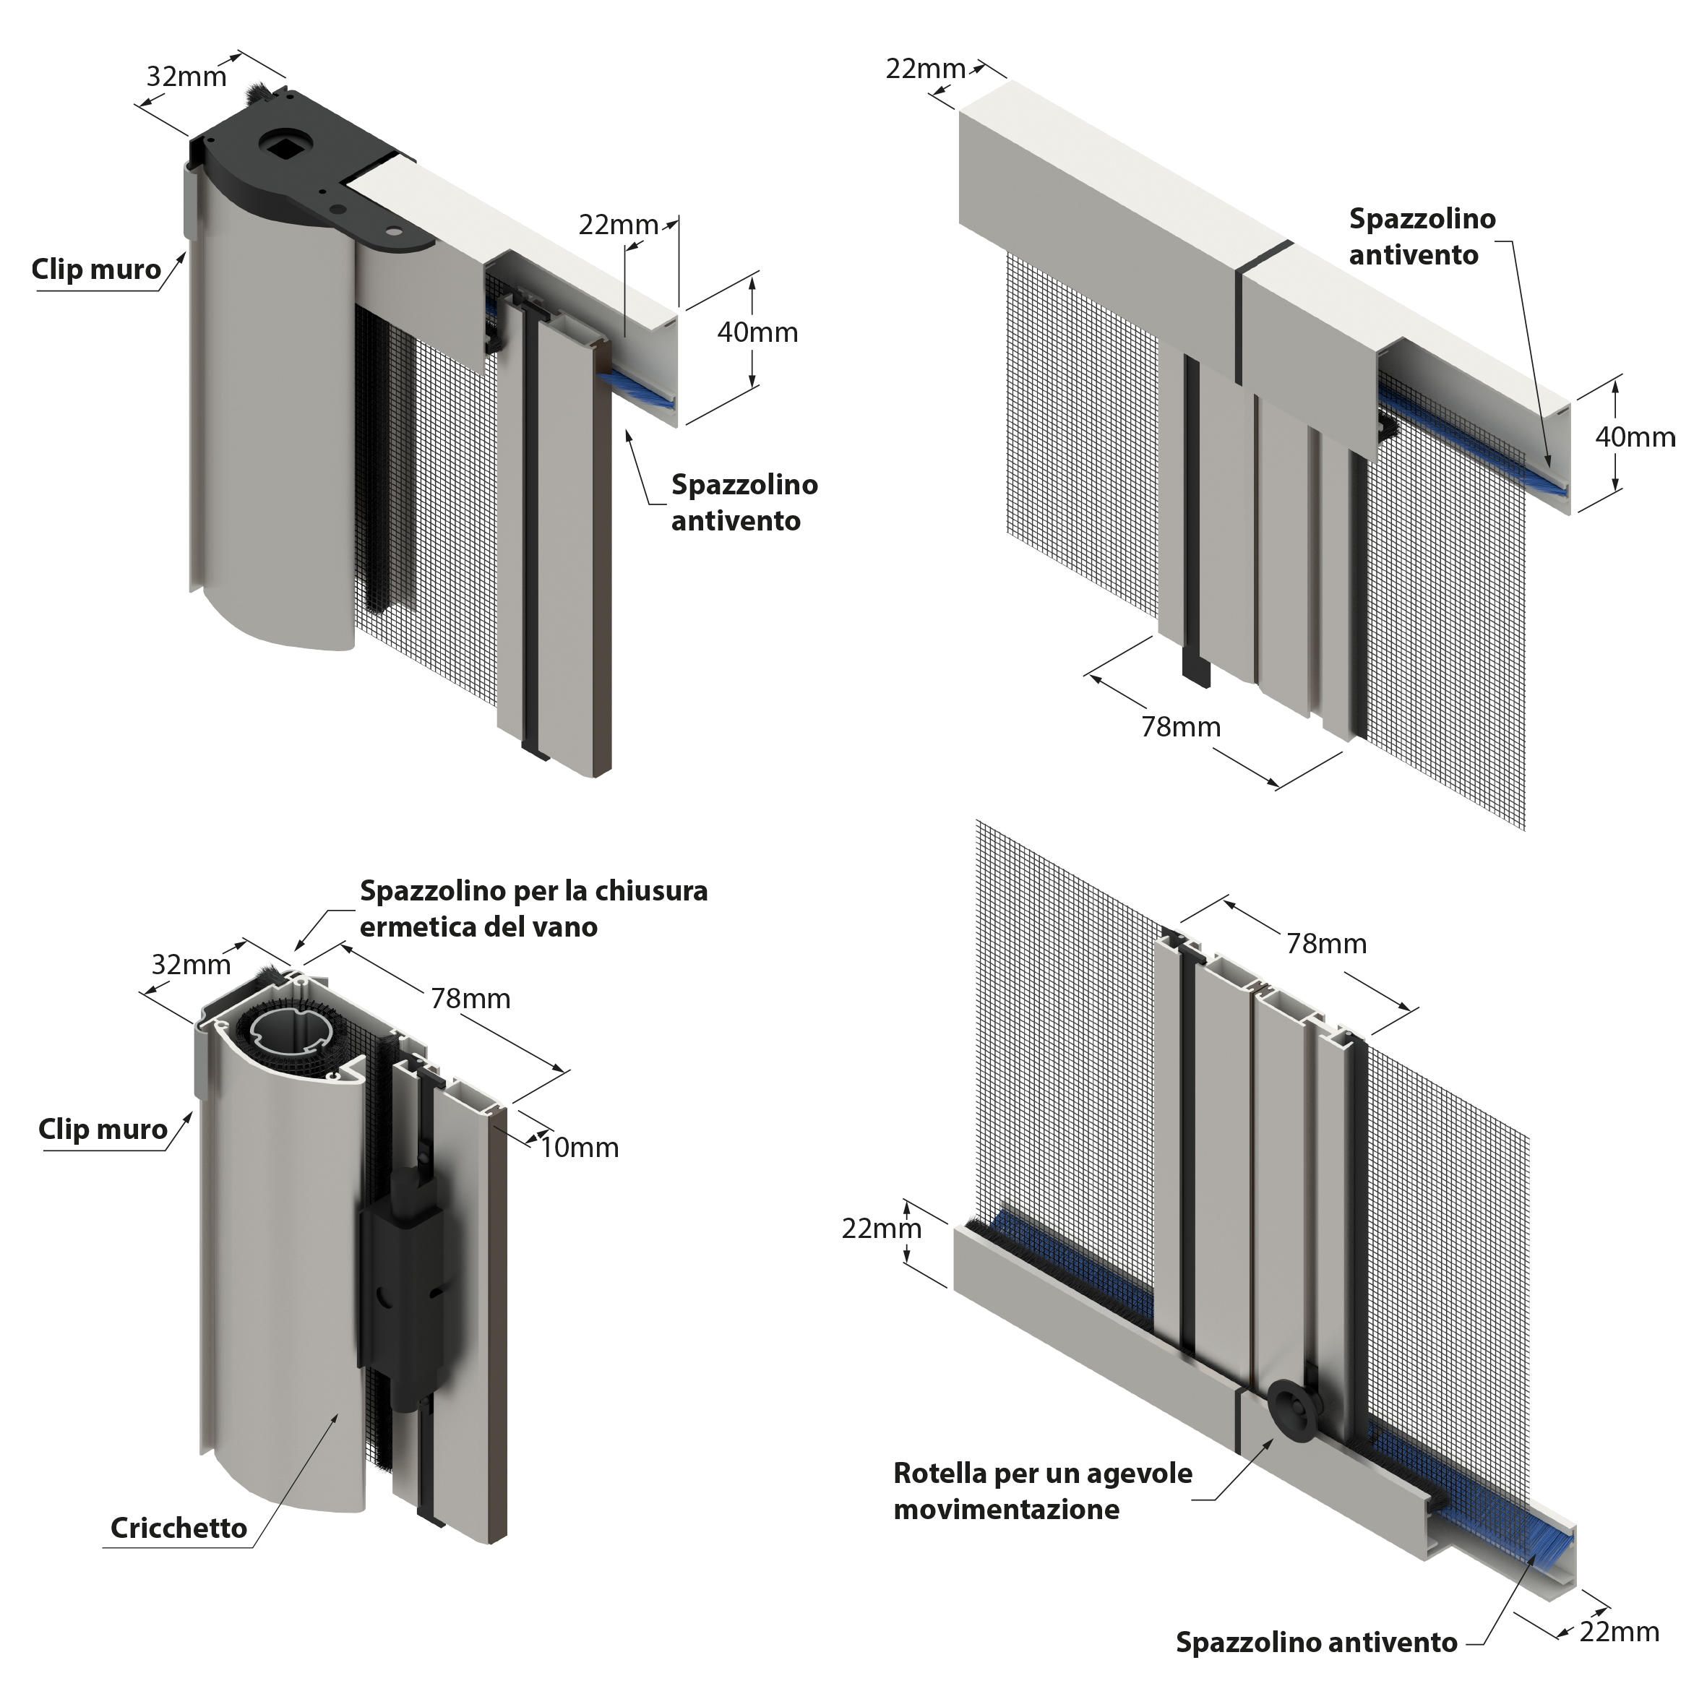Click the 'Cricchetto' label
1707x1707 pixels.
tap(179, 1528)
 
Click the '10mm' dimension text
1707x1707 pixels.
tap(579, 1148)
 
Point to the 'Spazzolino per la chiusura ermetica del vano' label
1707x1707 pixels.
tap(533, 908)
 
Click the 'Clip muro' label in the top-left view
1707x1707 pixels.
tap(96, 270)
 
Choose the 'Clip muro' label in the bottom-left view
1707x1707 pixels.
tap(103, 1129)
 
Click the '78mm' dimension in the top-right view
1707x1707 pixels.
tap(1180, 726)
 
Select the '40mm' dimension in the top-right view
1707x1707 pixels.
tap(1635, 437)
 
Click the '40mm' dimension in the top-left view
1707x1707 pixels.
tap(757, 332)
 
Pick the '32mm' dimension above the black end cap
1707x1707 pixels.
tap(186, 77)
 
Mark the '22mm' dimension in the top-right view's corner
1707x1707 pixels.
tap(925, 68)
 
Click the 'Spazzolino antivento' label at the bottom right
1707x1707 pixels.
tap(1315, 1642)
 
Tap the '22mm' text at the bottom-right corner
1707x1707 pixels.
tap(1619, 1631)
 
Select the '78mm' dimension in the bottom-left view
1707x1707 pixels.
tap(470, 999)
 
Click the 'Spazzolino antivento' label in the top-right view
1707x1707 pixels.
tap(1422, 237)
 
